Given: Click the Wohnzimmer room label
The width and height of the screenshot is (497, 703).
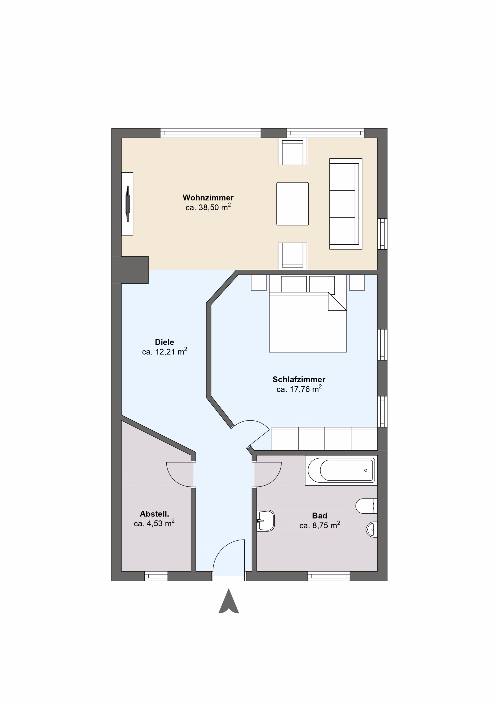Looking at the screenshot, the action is tap(208, 197).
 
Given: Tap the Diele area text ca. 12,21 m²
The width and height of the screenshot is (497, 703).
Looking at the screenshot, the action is tap(164, 351).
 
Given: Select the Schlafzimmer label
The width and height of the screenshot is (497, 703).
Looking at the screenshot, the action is tap(299, 379).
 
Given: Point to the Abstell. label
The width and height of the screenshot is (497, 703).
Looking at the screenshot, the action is tap(154, 514).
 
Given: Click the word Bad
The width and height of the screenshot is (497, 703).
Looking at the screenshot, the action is tap(319, 516).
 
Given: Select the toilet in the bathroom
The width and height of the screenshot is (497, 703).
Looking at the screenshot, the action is tap(366, 506).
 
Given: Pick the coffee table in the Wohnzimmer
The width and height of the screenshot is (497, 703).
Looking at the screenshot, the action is tap(292, 204).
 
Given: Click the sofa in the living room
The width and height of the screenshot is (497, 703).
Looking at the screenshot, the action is tap(346, 204).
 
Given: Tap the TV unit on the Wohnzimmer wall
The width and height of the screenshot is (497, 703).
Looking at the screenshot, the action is tap(127, 204).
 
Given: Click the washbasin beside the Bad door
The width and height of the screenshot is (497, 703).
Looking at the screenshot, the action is tap(266, 520).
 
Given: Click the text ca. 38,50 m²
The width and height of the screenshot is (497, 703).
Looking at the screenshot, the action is tap(208, 207).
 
